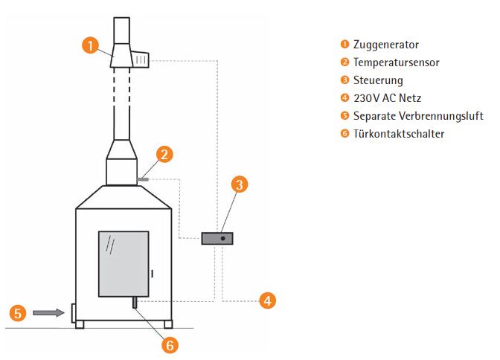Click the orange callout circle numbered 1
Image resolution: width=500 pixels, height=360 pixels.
[x=90, y=45]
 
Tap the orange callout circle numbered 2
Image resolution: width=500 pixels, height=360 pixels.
[x=165, y=154]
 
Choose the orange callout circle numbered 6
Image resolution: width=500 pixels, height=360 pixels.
[x=170, y=344]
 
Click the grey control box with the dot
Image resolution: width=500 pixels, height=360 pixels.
[x=217, y=239]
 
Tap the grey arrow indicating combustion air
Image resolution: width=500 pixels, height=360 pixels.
[x=48, y=313]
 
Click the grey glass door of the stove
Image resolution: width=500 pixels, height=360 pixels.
[x=123, y=263]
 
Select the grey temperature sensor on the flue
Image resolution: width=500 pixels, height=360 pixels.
[x=144, y=179]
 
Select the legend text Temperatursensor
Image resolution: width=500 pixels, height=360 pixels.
[x=396, y=62]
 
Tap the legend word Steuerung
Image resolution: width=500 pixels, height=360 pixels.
[x=378, y=80]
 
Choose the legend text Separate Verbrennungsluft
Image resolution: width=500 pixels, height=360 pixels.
[x=418, y=116]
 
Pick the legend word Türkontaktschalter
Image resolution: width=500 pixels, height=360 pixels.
[x=398, y=134]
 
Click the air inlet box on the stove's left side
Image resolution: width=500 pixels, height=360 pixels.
[x=72, y=313]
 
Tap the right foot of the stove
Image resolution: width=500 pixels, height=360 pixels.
[x=168, y=324]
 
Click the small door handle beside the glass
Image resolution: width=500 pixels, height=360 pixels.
[x=152, y=274]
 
